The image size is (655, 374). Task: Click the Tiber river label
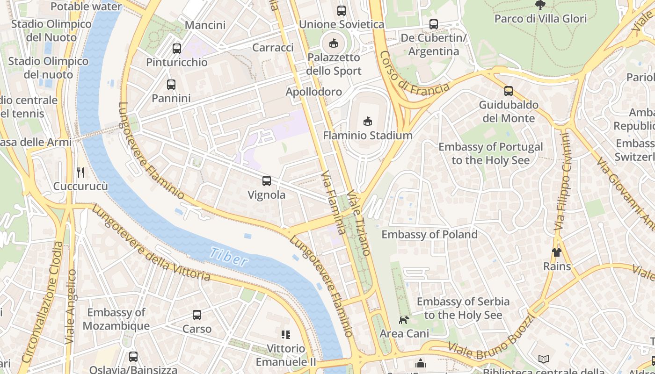tap(228, 257)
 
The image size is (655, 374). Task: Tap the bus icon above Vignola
tap(267, 180)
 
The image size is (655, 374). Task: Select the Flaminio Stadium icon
tap(368, 121)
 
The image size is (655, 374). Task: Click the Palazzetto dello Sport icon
tap(333, 43)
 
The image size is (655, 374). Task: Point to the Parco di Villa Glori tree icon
tap(540, 5)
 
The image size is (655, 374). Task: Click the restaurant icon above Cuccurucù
tap(80, 172)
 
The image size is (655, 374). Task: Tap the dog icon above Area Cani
tap(403, 320)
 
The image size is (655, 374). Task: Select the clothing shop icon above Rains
tap(556, 252)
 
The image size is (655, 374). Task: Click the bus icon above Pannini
tap(171, 85)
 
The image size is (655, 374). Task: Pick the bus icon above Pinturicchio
tap(177, 48)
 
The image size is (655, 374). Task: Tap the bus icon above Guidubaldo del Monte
tap(509, 91)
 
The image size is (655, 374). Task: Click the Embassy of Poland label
tap(429, 234)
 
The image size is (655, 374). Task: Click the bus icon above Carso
tap(197, 315)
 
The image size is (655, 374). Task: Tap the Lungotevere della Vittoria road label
tap(151, 243)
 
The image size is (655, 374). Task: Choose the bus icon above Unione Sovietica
tap(342, 10)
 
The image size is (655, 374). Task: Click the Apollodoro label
tap(314, 92)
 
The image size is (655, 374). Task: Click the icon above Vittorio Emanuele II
tap(285, 334)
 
